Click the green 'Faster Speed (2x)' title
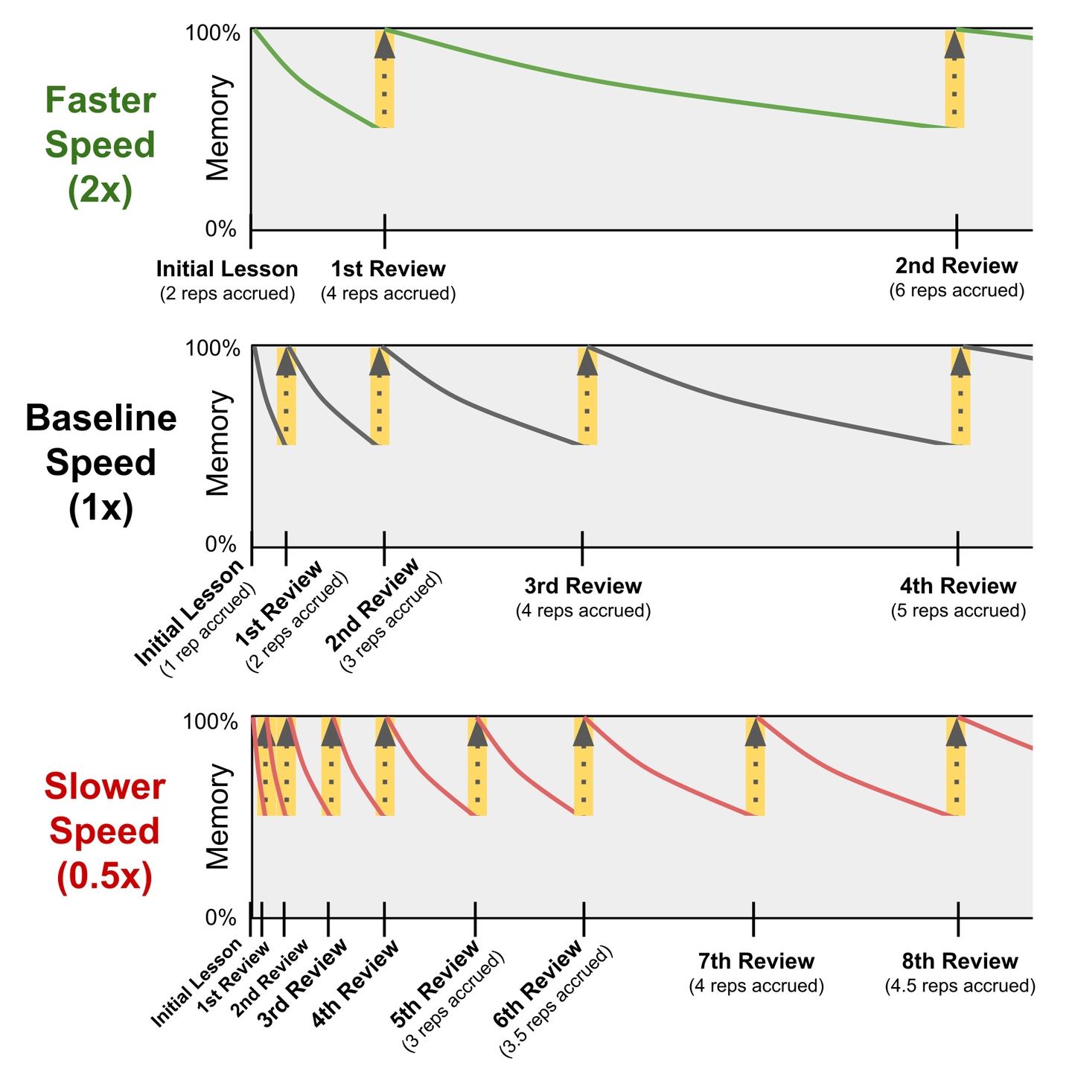(x=100, y=145)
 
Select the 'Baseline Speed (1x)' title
(x=100, y=462)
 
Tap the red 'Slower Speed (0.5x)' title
(x=104, y=832)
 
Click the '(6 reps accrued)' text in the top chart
(x=957, y=290)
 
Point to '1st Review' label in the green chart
(x=388, y=269)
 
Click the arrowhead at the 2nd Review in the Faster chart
(x=954, y=45)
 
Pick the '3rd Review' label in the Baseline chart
(x=583, y=586)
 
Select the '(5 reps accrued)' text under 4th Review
(x=958, y=611)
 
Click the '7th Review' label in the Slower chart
(x=756, y=961)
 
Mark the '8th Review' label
(x=960, y=961)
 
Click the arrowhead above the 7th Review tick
(x=756, y=733)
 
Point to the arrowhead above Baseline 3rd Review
(x=587, y=362)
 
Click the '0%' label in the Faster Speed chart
(x=220, y=229)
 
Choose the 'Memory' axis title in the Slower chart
(x=219, y=817)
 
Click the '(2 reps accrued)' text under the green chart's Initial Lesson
(x=228, y=293)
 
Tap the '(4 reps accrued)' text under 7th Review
(x=756, y=986)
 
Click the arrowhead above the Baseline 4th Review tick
(x=960, y=362)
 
